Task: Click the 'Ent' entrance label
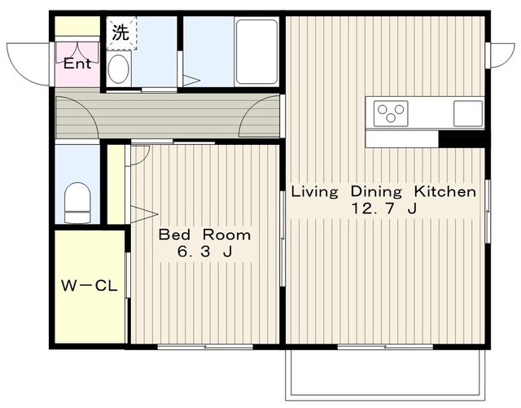pos(77,64)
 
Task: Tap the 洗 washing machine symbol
pos(121,33)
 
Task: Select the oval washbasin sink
pos(119,69)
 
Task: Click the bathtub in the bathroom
pos(256,51)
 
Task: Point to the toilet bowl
pos(77,203)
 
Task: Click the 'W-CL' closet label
pos(90,286)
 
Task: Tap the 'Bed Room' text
pos(204,235)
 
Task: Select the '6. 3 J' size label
pos(204,252)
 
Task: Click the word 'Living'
pos(315,192)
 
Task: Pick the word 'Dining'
pos(376,192)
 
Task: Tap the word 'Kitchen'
pos(445,191)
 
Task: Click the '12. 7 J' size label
pos(383,208)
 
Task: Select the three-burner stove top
pos(391,114)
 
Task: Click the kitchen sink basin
pos(468,114)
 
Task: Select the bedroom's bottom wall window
pos(205,347)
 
